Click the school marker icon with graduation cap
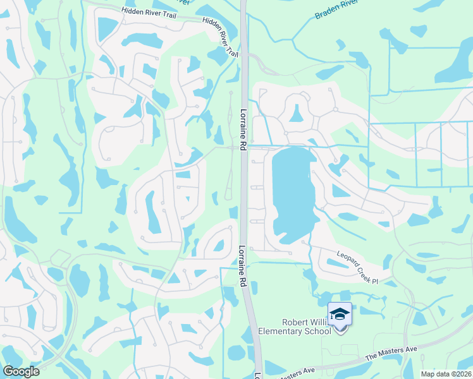click(340, 313)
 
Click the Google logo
click(21, 371)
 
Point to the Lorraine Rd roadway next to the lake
click(243, 189)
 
